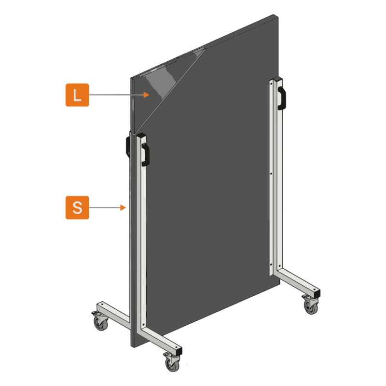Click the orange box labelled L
pos(77,95)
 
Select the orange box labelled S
pos(77,207)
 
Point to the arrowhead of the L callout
pos(146,95)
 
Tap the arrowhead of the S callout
pos(123,207)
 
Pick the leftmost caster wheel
pos(100,324)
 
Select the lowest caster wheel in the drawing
pos(172,364)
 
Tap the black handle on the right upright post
pos(282,98)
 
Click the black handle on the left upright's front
pos(146,154)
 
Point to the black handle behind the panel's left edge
pos(128,147)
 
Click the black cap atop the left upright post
pos(141,136)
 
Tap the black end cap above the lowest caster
pos(179,351)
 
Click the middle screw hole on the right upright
pos(271,174)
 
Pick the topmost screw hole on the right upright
pos(271,83)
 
